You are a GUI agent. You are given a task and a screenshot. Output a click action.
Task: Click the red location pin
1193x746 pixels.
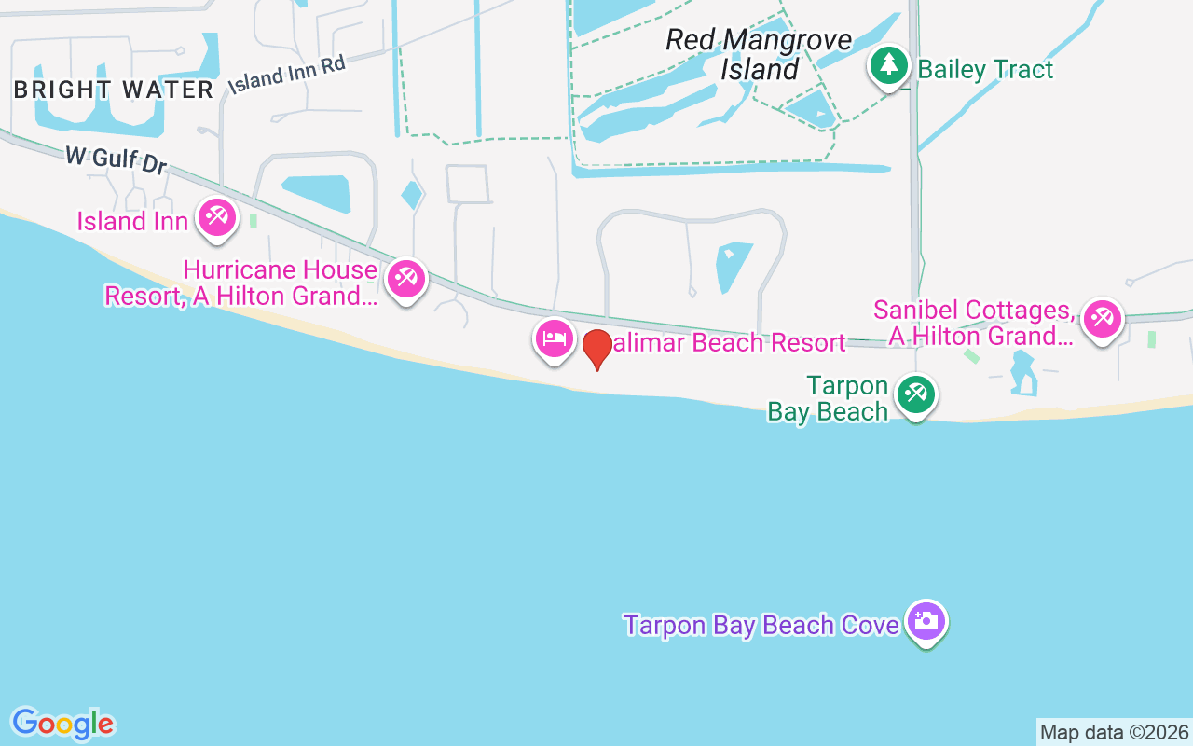[x=596, y=349]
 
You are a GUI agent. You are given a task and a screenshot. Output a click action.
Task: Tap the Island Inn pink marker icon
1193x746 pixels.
[x=216, y=219]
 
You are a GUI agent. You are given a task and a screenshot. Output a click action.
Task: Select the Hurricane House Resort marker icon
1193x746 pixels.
[x=406, y=279]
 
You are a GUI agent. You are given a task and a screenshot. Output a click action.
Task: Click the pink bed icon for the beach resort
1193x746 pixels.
[x=555, y=338]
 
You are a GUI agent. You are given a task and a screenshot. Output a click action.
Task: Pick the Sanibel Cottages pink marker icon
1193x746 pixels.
[x=1102, y=319]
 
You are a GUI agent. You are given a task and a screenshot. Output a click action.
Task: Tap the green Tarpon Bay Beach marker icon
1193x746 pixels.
[x=915, y=395]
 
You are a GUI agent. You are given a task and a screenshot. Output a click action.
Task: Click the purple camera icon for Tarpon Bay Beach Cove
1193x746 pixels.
[x=926, y=622]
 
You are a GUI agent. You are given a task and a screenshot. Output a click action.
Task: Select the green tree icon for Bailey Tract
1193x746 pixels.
[x=889, y=66]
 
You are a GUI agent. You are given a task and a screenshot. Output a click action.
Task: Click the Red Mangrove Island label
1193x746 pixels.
[x=759, y=54]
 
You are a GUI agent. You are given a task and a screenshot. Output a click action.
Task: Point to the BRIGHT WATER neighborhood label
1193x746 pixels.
[x=115, y=90]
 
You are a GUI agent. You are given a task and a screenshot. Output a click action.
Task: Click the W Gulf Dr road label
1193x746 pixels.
[x=116, y=159]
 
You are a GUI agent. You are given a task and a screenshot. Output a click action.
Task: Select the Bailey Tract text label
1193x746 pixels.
[x=985, y=69]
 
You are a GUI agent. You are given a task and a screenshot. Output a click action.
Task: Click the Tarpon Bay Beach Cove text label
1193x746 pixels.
[x=761, y=625]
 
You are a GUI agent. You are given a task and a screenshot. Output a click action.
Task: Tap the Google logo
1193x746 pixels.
[x=62, y=724]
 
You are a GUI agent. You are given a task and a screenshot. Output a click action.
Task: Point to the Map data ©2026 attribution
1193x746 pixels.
[x=1114, y=732]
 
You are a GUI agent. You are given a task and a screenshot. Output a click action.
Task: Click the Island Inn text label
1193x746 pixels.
[x=132, y=221]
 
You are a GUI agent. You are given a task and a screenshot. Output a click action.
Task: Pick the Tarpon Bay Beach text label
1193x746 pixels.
[x=829, y=398]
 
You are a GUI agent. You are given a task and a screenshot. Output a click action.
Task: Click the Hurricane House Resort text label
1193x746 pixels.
[x=241, y=283]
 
